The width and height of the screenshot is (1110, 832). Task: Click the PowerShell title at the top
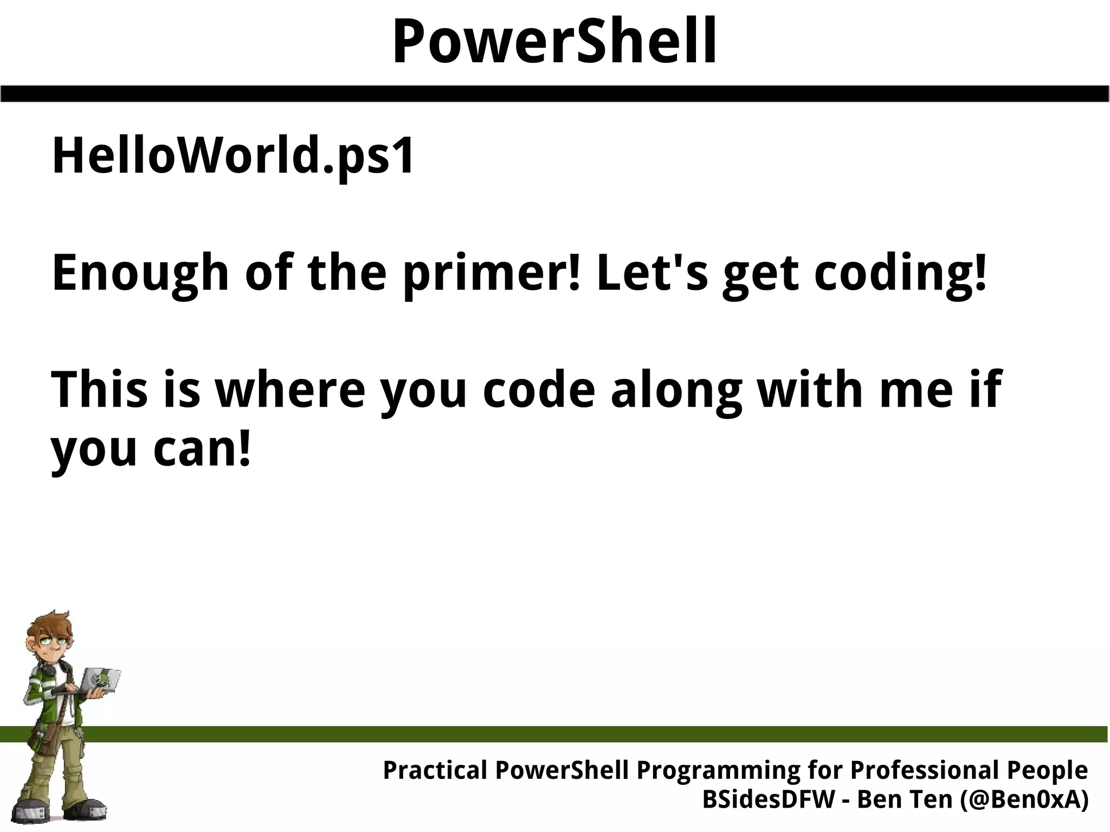(554, 42)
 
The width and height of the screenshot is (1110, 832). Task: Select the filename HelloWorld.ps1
(233, 157)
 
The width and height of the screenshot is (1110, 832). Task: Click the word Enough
(140, 273)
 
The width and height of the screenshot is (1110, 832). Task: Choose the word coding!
(900, 273)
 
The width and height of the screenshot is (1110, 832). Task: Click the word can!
(203, 449)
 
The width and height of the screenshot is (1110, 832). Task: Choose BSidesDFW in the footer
(769, 800)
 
